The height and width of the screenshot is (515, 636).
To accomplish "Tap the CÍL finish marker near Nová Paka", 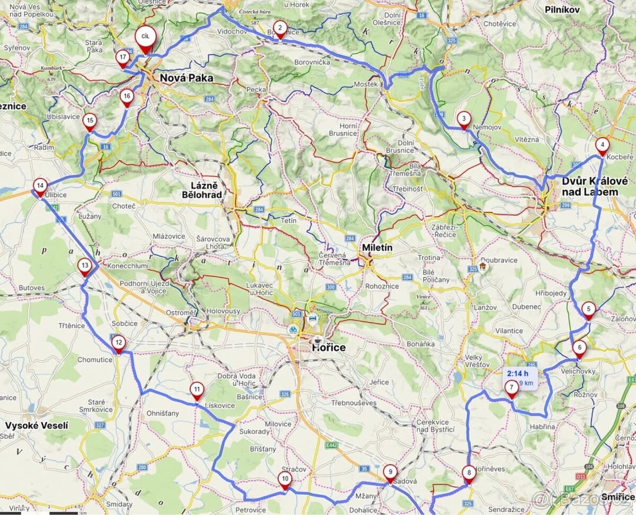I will pos(144,38).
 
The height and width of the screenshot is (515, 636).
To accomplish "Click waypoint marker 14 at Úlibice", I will pos(40,186).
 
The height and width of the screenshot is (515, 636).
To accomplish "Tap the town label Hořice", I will pos(329,347).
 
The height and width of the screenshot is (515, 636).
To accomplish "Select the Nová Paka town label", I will pos(187,78).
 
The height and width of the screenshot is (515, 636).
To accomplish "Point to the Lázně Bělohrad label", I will pos(201,190).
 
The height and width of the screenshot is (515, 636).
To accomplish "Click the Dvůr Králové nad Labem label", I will pos(595,186).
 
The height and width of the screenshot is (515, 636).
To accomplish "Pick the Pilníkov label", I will pos(562,10).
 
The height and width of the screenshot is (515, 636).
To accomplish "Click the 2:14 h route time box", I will pos(519,378).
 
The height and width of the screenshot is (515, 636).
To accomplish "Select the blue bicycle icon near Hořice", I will pos(293,329).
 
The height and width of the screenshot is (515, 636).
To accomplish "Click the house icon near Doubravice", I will pos(483,266).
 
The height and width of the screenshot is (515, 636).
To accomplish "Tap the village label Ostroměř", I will pos(181,312).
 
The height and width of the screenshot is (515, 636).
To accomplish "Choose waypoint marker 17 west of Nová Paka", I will pos(123,58).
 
